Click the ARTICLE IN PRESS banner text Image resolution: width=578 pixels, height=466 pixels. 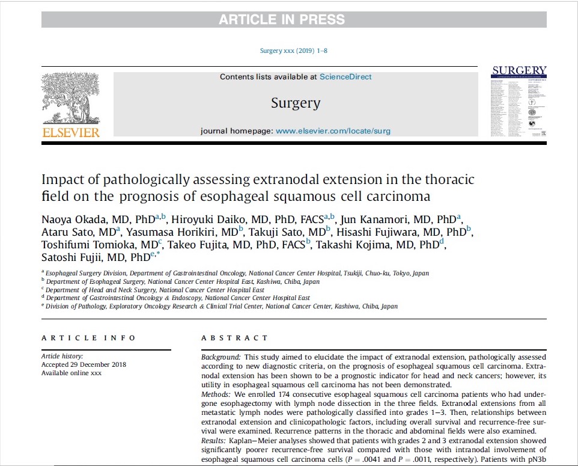[282, 19]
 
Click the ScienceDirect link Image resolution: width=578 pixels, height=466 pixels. [345, 77]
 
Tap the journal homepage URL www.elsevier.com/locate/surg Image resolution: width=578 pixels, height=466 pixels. [333, 131]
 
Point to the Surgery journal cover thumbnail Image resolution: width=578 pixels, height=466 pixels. [519, 103]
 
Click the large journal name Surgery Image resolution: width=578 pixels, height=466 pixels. [296, 103]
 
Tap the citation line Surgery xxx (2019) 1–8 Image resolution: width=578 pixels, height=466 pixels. [294, 51]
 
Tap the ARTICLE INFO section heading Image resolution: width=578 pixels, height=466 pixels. [88, 339]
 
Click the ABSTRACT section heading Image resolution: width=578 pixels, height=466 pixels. [235, 339]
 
